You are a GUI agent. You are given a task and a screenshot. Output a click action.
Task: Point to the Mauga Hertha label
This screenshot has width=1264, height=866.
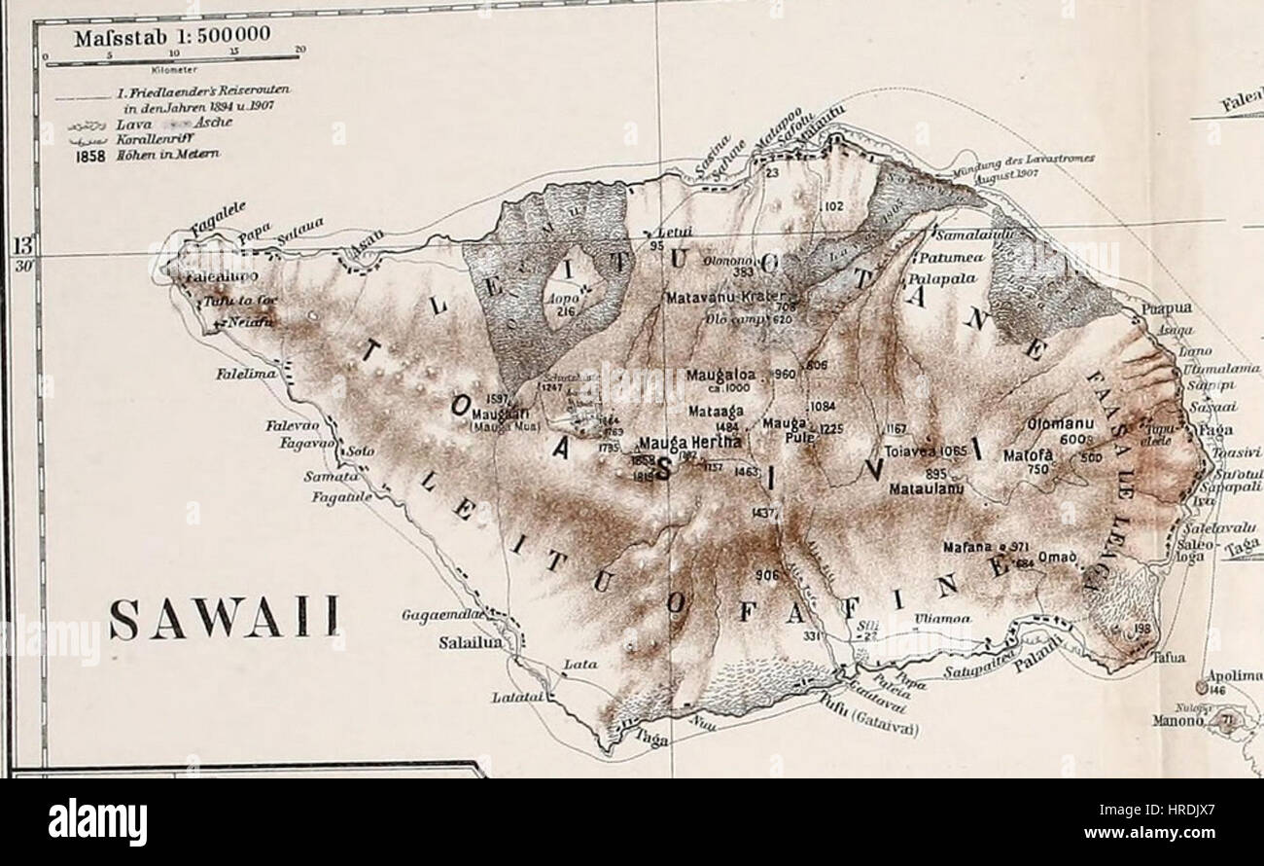coord(689,441)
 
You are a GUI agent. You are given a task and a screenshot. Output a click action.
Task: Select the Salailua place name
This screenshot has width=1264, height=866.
coord(472,641)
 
